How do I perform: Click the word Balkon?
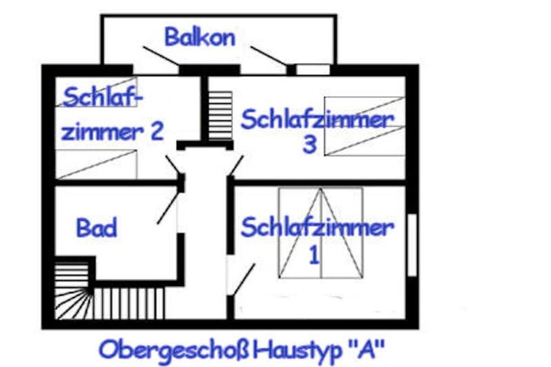(x=200, y=37)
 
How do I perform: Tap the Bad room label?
(x=97, y=228)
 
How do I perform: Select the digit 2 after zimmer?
(x=157, y=131)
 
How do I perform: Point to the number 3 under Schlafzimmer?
(x=309, y=144)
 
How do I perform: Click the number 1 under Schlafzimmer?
(x=314, y=255)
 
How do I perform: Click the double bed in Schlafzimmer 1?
(x=321, y=233)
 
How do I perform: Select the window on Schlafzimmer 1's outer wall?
(x=412, y=245)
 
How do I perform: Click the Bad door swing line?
(x=167, y=207)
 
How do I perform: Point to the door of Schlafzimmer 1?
(x=244, y=279)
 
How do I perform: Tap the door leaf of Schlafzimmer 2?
(x=173, y=165)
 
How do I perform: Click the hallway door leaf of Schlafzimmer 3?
(x=236, y=165)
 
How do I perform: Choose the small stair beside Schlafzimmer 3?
(x=220, y=116)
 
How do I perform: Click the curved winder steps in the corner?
(x=74, y=303)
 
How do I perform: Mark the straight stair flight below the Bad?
(x=129, y=303)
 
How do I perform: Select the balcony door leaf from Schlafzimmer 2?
(x=161, y=56)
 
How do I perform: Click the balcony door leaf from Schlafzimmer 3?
(x=269, y=56)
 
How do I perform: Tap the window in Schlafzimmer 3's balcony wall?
(x=313, y=69)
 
